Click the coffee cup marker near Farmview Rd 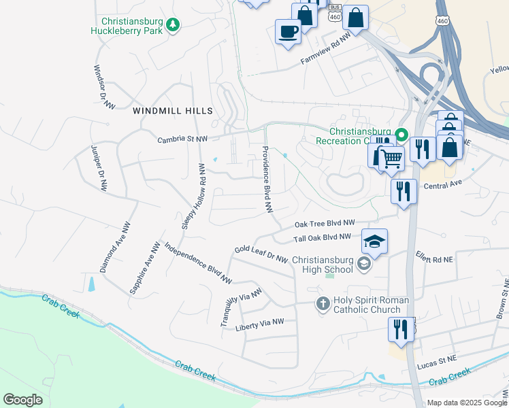[288, 31]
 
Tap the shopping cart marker [391, 159]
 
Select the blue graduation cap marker [374, 241]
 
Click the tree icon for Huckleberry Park [174, 24]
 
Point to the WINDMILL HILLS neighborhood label [173, 111]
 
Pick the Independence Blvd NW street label [198, 262]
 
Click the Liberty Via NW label [259, 326]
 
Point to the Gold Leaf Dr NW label [261, 254]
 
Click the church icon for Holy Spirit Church [323, 304]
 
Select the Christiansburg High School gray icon [364, 265]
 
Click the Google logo [22, 400]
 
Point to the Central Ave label [442, 185]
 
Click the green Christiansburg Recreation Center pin [401, 135]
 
